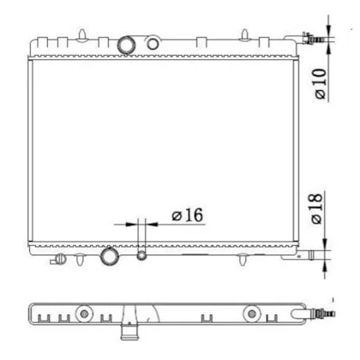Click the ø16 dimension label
(x=188, y=215)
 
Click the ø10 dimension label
(x=321, y=83)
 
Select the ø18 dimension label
(x=316, y=208)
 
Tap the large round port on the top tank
(x=126, y=45)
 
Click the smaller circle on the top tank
(x=153, y=44)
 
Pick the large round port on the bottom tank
(x=110, y=256)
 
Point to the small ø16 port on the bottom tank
(x=141, y=255)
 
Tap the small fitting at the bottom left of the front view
(x=58, y=259)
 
